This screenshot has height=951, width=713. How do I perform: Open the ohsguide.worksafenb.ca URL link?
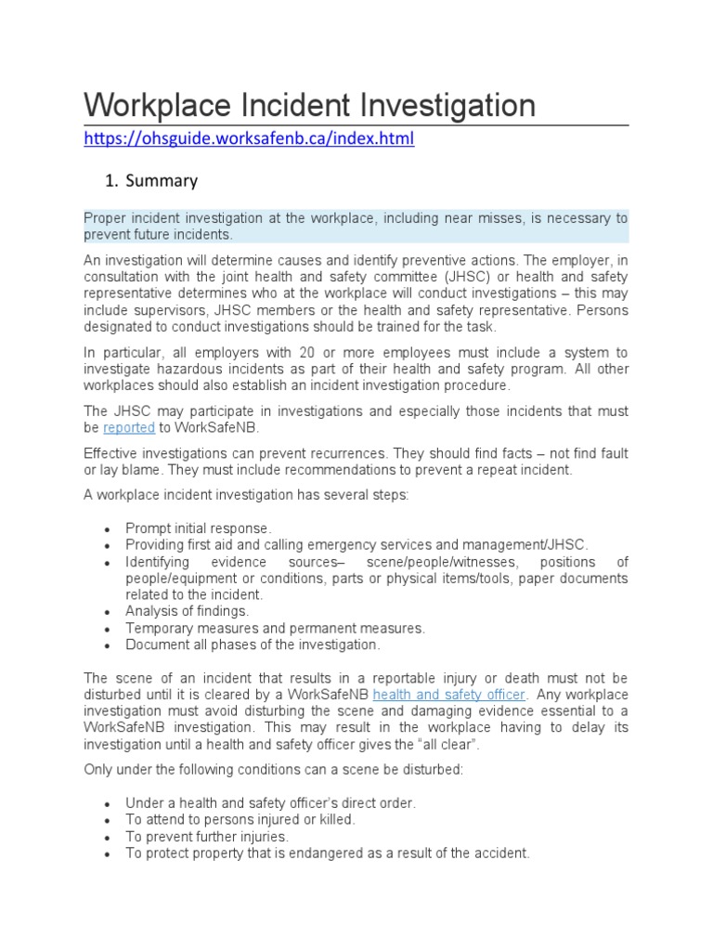[x=249, y=139]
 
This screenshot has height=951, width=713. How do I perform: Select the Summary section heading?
[x=162, y=180]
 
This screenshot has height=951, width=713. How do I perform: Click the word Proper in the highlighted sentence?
[x=104, y=218]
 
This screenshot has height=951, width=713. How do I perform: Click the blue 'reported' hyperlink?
[x=127, y=427]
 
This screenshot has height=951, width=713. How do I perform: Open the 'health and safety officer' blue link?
[x=449, y=695]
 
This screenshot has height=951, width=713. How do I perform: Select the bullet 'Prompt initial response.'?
[x=198, y=528]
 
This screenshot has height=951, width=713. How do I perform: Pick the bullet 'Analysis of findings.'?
[x=187, y=611]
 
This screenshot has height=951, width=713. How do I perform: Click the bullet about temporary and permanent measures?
[x=275, y=628]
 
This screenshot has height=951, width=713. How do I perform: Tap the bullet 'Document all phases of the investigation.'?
[x=253, y=645]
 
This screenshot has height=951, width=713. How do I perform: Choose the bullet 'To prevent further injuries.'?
[x=207, y=837]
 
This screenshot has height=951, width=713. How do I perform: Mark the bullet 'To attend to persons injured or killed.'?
[x=240, y=820]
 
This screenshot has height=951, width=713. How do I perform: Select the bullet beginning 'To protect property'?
[x=327, y=853]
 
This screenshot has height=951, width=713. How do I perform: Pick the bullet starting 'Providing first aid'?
[x=356, y=545]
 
